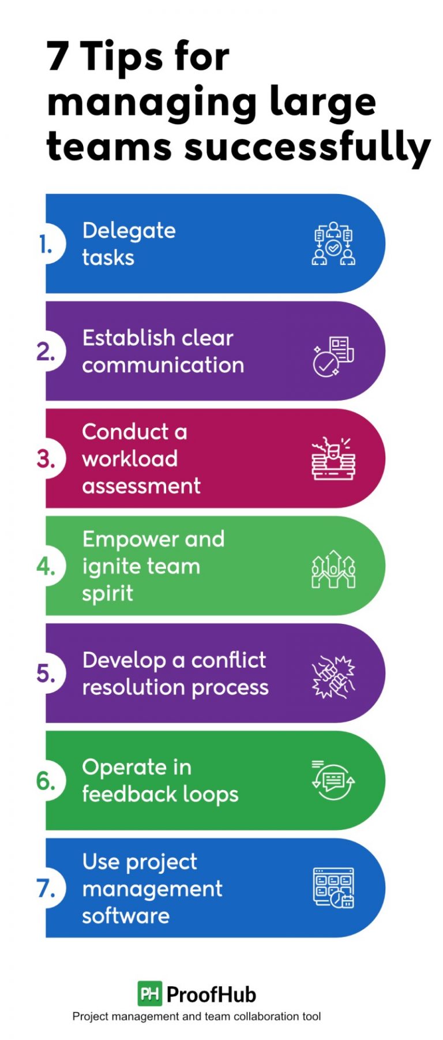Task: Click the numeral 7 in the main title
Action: point(58,57)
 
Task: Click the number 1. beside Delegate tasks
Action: point(46,245)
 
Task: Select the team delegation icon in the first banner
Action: point(333,244)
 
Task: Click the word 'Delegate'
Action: point(129,231)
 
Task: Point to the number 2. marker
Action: point(46,351)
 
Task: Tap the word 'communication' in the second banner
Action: point(163,365)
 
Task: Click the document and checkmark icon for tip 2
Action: point(333,357)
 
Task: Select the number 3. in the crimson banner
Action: point(46,459)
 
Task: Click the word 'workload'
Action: point(130,459)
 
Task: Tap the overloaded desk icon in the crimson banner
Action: point(333,459)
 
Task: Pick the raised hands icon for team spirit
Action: point(333,569)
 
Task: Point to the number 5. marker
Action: point(46,674)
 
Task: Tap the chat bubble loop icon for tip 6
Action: point(333,780)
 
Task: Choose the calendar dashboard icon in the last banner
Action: point(333,888)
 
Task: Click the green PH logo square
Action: point(149,993)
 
